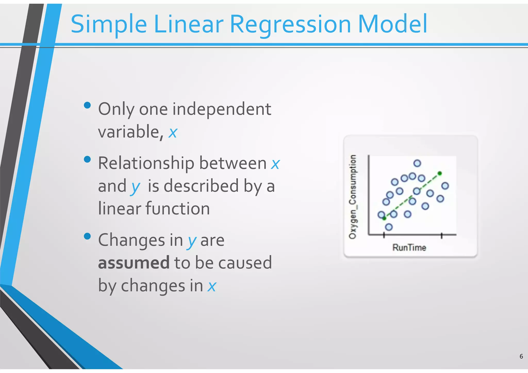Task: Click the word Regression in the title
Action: point(290,24)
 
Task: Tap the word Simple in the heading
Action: point(109,24)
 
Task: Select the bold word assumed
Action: point(134,263)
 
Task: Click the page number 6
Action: point(521,357)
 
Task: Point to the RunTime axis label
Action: point(409,247)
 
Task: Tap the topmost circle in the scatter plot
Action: point(417,163)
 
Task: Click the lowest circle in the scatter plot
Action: point(389,227)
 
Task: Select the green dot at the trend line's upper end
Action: point(440,173)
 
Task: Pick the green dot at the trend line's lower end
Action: point(384,218)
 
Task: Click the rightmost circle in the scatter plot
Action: point(445,186)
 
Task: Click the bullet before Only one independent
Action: point(87,105)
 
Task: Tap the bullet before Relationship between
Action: point(87,159)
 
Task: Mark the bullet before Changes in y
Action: point(87,236)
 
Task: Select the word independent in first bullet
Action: point(221,109)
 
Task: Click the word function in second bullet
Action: point(178,209)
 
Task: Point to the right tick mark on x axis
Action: point(441,235)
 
